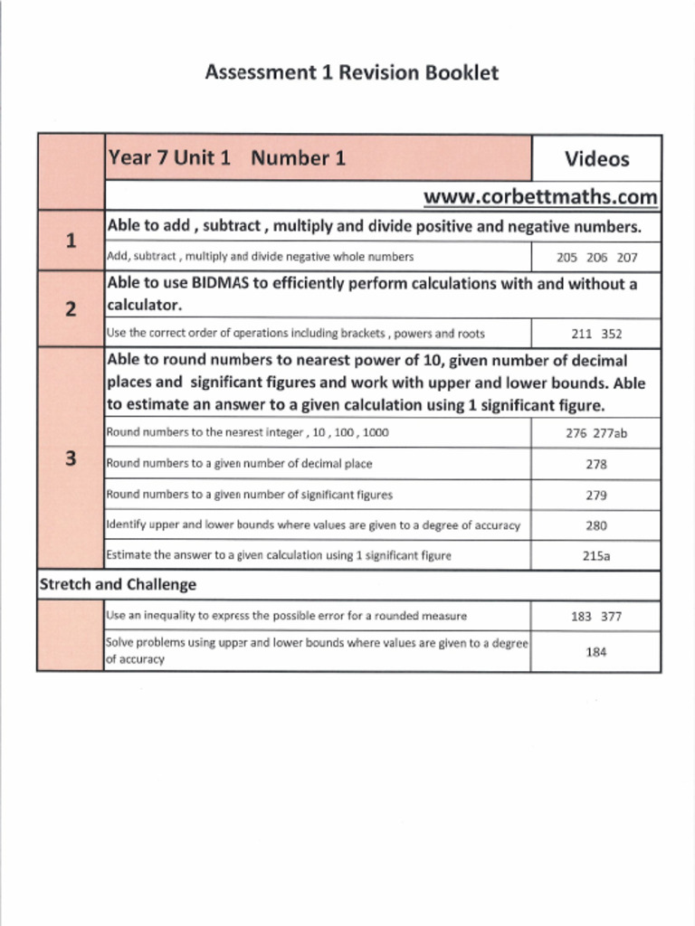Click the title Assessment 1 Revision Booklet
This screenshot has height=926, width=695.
click(351, 72)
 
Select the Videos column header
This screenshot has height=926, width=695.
click(596, 159)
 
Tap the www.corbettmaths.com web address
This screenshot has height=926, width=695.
click(540, 196)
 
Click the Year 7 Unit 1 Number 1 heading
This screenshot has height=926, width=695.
click(226, 158)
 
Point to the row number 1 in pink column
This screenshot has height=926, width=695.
click(71, 241)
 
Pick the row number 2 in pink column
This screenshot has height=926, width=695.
click(71, 309)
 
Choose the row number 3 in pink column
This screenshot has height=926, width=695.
click(71, 458)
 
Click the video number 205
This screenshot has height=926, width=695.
click(567, 257)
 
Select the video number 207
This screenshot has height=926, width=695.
click(627, 257)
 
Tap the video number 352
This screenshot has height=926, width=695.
click(612, 334)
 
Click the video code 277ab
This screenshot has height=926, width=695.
click(610, 433)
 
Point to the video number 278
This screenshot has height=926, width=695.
click(596, 464)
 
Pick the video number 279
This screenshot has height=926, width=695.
click(596, 496)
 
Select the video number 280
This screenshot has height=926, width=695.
click(596, 525)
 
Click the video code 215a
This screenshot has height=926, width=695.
click(596, 556)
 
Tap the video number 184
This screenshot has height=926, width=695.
click(596, 652)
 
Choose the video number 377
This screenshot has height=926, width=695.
click(612, 617)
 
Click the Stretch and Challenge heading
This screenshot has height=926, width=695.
click(117, 585)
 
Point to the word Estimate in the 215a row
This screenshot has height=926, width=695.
click(129, 555)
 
